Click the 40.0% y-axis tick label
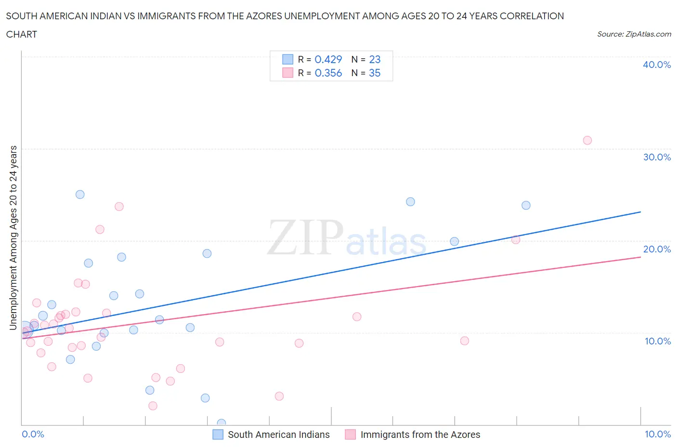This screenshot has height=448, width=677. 657,65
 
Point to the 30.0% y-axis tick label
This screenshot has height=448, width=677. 657,157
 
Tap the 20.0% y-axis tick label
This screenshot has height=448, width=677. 657,249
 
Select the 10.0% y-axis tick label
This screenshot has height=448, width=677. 657,341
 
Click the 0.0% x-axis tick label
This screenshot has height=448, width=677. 33,434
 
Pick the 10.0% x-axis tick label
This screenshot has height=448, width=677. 657,434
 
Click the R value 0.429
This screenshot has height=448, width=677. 328,59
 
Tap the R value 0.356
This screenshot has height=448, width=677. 328,73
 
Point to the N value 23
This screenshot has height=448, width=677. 375,59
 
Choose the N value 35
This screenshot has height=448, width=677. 375,73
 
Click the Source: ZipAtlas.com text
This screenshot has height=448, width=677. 634,34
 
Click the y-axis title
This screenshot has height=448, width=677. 13,237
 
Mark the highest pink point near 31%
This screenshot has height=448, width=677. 587,140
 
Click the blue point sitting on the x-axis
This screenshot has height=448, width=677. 221,423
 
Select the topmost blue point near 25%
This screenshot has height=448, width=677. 80,195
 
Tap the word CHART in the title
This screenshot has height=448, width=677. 22,34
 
